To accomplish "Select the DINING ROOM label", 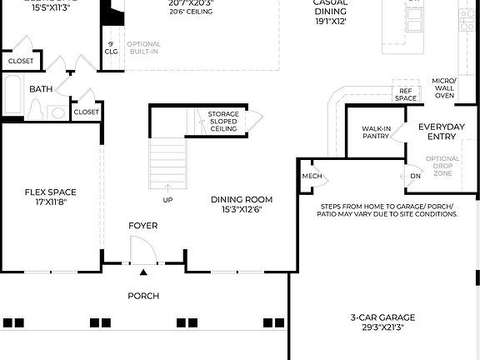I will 241,200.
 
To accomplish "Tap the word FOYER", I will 142,226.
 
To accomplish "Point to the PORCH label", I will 143,296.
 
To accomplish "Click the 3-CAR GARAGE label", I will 383,317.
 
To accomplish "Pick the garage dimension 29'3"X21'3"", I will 383,328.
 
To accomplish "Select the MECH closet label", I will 312,177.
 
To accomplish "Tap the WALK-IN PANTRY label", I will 376,132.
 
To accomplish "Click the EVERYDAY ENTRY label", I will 442,132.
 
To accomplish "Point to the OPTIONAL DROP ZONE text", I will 442,166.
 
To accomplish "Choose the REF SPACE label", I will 406,95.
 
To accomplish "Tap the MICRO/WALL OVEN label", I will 444,88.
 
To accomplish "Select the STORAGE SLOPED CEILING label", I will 223,122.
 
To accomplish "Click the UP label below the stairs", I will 167,200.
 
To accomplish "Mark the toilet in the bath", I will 35,109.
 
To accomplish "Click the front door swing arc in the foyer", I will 143,247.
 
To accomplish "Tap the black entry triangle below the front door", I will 143,272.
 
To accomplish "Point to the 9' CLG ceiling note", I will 111,47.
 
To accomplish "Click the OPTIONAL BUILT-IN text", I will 143,47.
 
